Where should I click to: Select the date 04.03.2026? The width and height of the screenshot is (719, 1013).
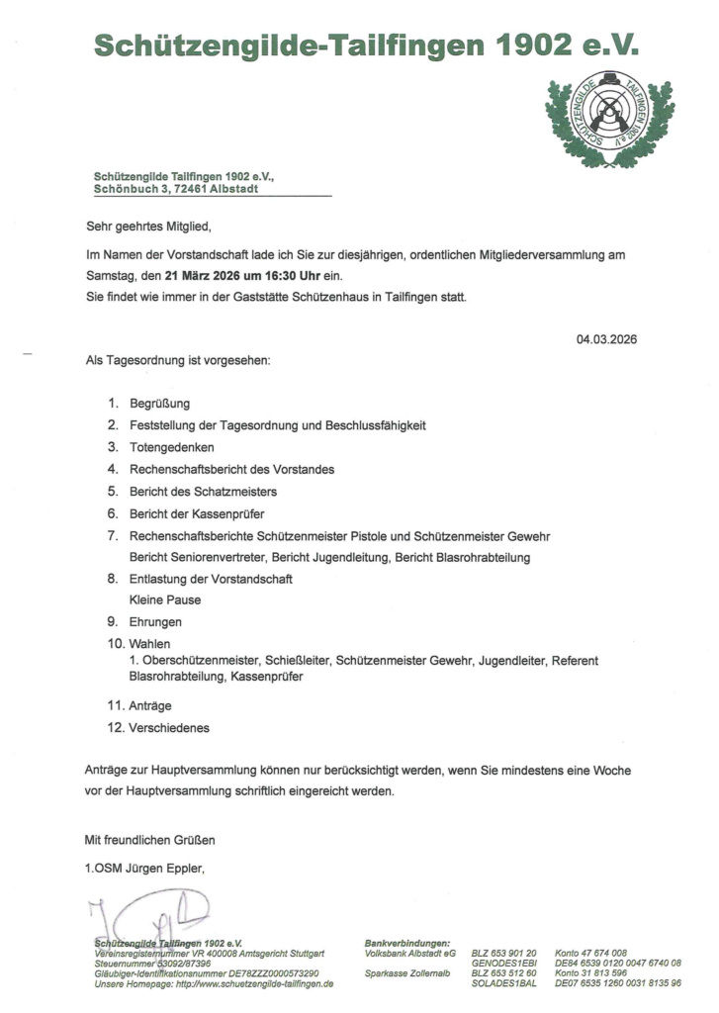pos(606,338)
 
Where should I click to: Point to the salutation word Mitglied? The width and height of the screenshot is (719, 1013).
pos(187,226)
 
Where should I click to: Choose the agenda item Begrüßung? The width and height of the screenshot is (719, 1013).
pos(159,404)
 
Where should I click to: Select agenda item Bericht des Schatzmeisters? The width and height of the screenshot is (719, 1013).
pos(203,491)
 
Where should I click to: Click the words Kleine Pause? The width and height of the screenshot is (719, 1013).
pos(164,599)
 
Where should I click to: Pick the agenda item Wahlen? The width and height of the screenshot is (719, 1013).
pos(149,644)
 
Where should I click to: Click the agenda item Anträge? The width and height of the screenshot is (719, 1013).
pos(150,706)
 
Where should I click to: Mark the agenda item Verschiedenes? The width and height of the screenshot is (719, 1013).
pos(169,728)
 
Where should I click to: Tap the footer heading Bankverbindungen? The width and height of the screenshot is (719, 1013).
pos(407,944)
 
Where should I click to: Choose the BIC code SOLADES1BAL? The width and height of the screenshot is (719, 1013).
pos(504,984)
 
